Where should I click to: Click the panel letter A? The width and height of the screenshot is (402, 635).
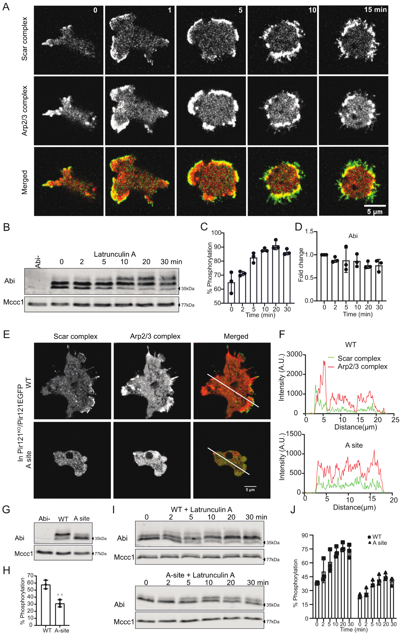[6, 6]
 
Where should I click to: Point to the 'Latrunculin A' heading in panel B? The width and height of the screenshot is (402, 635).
[115, 254]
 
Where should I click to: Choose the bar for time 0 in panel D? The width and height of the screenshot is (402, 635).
[324, 278]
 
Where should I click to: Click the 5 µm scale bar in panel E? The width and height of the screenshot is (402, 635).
[250, 486]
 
